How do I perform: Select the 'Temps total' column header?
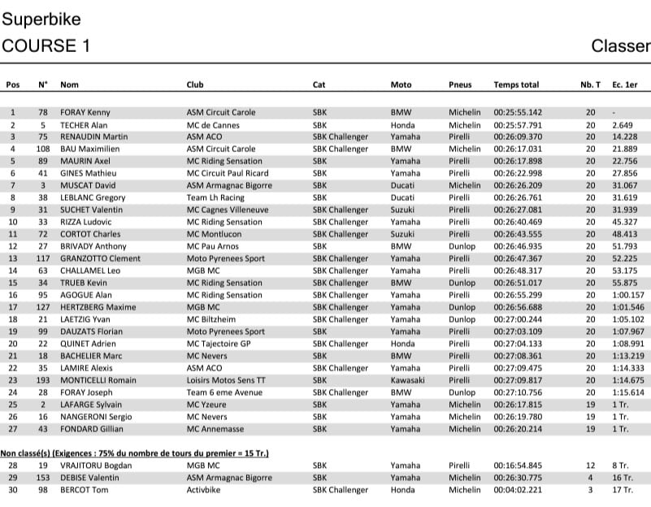[x=516, y=84]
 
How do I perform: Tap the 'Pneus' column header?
[x=460, y=84]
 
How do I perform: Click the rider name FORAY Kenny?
[x=85, y=112]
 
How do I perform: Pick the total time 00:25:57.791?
[x=518, y=125]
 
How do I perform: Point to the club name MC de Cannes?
[x=215, y=125]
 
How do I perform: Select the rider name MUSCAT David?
[x=88, y=185]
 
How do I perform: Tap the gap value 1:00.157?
[x=628, y=295]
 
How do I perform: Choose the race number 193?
[x=43, y=380]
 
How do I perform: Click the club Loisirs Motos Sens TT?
[x=225, y=380]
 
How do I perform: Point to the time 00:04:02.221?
[x=518, y=490]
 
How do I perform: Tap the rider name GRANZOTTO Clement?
[x=101, y=258]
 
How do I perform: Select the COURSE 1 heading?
[x=46, y=45]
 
